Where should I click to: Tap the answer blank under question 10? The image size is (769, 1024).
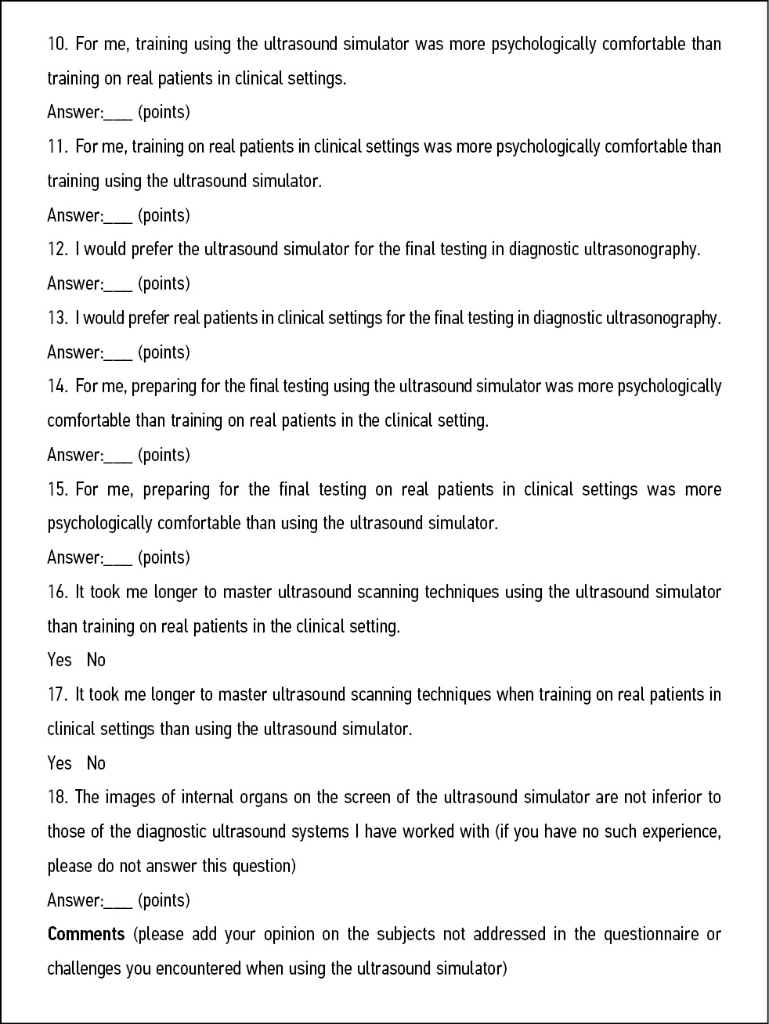tap(117, 114)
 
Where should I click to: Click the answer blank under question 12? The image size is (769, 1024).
tap(117, 285)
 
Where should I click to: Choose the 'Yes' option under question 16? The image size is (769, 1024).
tap(60, 660)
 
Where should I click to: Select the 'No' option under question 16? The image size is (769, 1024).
tap(96, 660)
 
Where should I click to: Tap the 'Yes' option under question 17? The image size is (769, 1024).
tap(60, 763)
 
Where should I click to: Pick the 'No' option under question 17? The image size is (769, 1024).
tap(96, 763)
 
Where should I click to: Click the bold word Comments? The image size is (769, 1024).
tap(86, 934)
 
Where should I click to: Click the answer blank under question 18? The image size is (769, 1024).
tap(117, 902)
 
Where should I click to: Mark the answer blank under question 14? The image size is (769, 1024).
tap(117, 456)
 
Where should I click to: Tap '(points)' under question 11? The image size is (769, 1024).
tap(164, 215)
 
